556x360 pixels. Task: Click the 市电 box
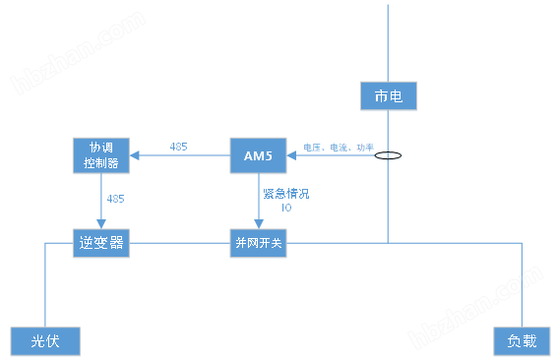[x=390, y=95]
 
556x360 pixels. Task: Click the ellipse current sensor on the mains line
[x=389, y=154]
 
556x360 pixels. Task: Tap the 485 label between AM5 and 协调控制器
[x=179, y=147]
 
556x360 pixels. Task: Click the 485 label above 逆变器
[x=116, y=199]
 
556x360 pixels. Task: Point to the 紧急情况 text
[x=285, y=194]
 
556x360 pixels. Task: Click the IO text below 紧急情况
[x=285, y=208]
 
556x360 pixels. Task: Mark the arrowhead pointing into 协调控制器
[x=136, y=154]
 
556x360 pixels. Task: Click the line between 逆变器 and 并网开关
[x=178, y=243]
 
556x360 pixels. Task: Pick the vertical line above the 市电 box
[x=389, y=39]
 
